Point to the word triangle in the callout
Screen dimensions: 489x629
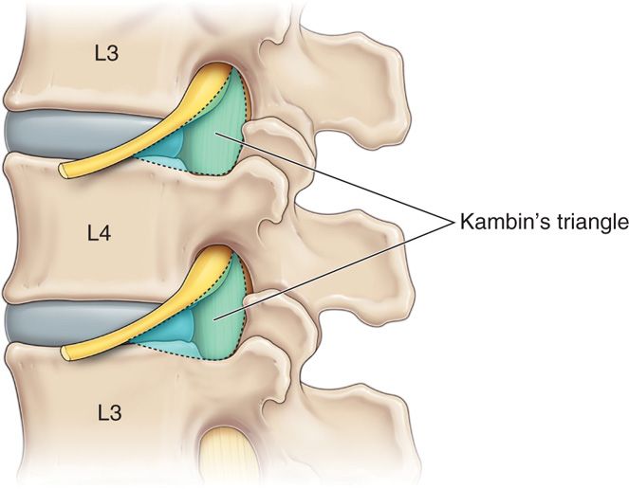coord(583,223)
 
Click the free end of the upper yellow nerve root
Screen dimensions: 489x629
coord(65,171)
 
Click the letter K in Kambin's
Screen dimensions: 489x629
coord(464,223)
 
